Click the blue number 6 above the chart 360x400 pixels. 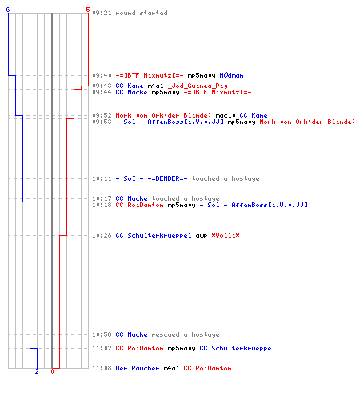pos(8,10)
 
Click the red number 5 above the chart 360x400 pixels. pos(88,10)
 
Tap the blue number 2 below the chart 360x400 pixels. pos(37,371)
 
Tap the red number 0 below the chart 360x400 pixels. pos(52,371)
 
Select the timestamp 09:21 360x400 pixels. pos(102,13)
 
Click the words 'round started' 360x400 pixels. pos(142,13)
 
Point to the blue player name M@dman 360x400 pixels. pos(231,75)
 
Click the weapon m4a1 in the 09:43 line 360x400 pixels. pos(155,86)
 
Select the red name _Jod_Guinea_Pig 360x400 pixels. pos(198,86)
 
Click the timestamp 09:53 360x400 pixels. pos(102,122)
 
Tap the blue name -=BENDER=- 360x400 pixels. pos(167,178)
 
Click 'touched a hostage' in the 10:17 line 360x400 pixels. pos(186,198)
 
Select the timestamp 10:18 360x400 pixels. pos(102,205)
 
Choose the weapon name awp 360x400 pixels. pos(202,236)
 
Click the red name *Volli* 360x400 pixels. pos(226,235)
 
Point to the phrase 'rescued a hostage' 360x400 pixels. pos(186,334)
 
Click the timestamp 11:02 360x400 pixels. pos(102,348)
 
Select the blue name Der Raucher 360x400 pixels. pos(138,368)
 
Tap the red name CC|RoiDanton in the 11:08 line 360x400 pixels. pos(207,368)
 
